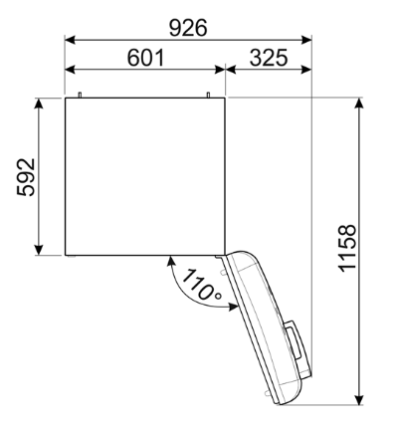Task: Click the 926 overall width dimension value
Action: point(188,27)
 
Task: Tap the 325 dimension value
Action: point(269,58)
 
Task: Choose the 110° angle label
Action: point(201,286)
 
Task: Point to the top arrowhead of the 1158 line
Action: point(360,104)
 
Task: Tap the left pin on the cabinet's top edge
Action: point(80,95)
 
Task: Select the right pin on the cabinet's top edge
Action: point(209,95)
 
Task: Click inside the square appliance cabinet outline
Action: point(145,175)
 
